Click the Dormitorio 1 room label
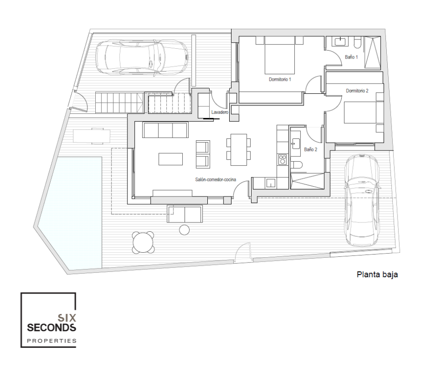280,79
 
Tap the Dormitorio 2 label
357,91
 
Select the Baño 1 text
351,57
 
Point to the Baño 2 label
311,150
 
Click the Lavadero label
219,112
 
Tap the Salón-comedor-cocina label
215,180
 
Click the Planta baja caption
377,274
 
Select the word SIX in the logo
66,318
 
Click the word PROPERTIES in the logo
52,340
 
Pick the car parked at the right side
362,200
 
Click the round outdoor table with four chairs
143,242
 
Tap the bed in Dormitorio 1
279,55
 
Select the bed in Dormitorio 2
360,112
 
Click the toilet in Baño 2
296,165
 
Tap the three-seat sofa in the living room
165,130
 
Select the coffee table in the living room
171,159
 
